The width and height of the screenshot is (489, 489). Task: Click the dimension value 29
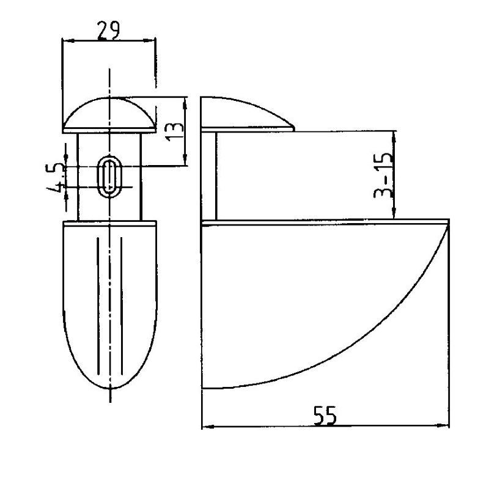(x=108, y=31)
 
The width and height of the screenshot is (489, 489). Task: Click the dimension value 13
(x=175, y=132)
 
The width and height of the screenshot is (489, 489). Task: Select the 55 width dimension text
(x=325, y=416)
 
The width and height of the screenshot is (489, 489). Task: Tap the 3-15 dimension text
(x=383, y=175)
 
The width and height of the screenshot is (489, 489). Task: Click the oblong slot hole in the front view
(x=109, y=177)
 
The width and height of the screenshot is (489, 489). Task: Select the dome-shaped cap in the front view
(x=109, y=115)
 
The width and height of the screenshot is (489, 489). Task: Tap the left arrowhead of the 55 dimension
(x=208, y=426)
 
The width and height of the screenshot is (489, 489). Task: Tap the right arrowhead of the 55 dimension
(x=443, y=425)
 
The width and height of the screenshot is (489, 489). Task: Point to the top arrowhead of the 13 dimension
(x=185, y=103)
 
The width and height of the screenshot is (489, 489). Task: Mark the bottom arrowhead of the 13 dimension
(x=185, y=160)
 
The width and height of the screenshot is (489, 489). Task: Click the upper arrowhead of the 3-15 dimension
(x=394, y=138)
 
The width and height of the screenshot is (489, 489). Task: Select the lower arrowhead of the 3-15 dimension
(x=394, y=213)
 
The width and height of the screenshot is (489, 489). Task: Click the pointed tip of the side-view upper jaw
(x=294, y=128)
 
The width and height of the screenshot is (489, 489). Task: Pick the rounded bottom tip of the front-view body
(x=111, y=389)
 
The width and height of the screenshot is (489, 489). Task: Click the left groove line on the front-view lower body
(x=98, y=306)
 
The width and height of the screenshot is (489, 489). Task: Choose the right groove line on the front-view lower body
(x=121, y=306)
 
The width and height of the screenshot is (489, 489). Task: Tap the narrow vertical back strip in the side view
(x=209, y=176)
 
